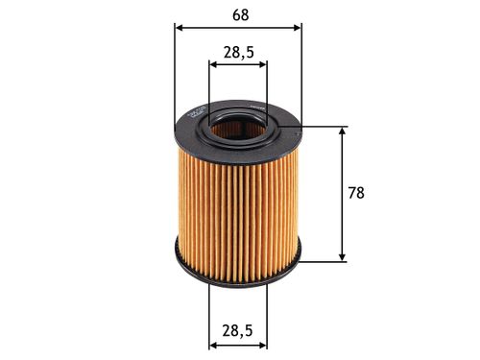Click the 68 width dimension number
(x=238, y=13)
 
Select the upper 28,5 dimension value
(x=238, y=54)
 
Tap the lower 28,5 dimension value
(x=238, y=330)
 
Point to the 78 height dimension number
(x=355, y=193)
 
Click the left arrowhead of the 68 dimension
(x=180, y=27)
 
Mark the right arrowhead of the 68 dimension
(x=296, y=27)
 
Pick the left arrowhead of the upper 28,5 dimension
(x=214, y=66)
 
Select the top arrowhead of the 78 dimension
(x=342, y=132)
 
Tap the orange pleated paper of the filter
(x=237, y=202)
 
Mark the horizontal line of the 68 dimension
(x=238, y=27)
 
